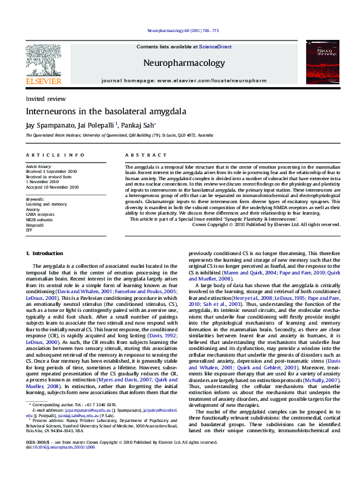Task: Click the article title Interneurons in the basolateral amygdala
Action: click(x=97, y=112)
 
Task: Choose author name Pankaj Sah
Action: click(x=139, y=125)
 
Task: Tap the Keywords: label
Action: click(x=35, y=199)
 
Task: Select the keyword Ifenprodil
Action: click(x=35, y=224)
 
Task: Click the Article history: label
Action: click(x=39, y=166)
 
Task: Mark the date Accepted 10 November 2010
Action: click(x=52, y=187)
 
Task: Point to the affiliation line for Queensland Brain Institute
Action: click(x=119, y=136)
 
